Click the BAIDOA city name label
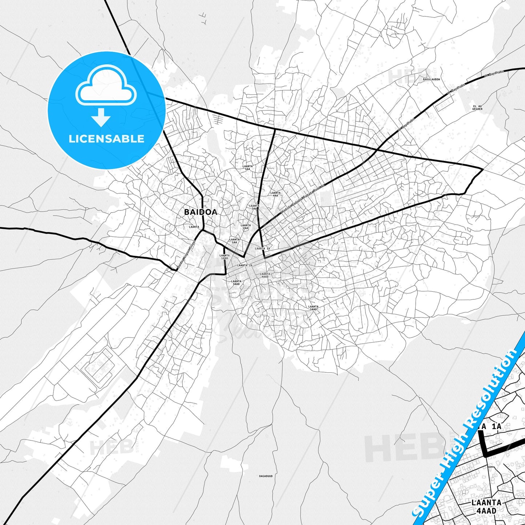pos(201,212)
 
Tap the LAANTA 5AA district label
pos(248,167)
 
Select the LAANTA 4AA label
pos(276,194)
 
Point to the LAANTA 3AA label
pos(254,207)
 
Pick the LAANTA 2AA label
pos(246,227)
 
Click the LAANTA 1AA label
pos(235,241)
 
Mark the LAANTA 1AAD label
pos(225,257)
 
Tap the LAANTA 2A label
pos(245,266)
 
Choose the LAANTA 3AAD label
pos(236,282)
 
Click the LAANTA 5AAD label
pos(313,308)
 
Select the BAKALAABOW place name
pos(431,79)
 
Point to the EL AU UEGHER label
pos(477,107)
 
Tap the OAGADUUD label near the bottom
pos(266,476)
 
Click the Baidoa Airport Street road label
pos(186,255)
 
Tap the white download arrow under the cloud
pos(101,117)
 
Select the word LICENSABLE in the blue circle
pos(106,139)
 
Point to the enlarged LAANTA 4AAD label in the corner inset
pos(486,506)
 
